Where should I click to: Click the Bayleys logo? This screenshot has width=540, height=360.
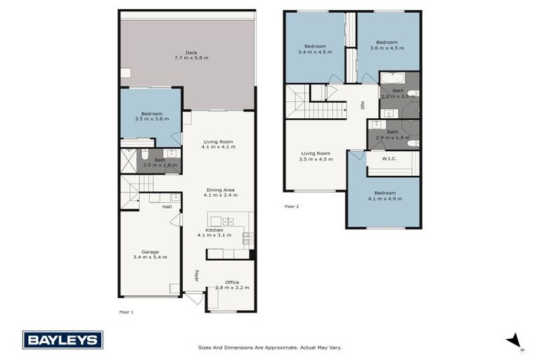pos(63,340)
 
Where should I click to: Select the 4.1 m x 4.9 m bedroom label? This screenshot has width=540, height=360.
pos(384,195)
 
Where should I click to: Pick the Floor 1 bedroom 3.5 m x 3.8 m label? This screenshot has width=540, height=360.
pos(151,117)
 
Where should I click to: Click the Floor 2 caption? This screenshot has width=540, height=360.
pos(292,207)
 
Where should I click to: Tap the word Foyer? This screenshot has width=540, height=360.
pos(197,276)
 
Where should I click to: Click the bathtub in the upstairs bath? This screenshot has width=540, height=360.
pos(392,77)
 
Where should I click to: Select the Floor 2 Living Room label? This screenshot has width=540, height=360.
pos(316,156)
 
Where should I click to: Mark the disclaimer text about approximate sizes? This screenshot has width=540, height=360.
pos(270,347)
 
